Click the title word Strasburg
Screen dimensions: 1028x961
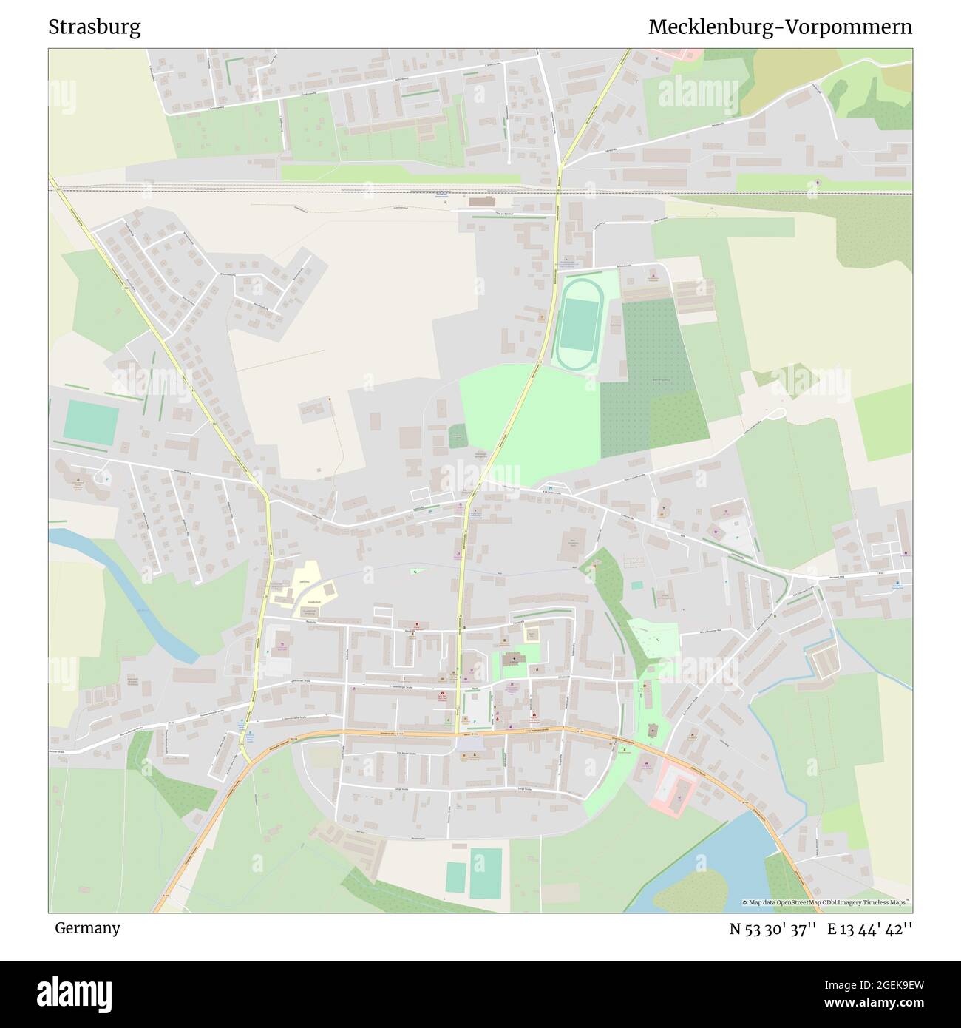[x=95, y=27]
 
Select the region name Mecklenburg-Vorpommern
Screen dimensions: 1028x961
[x=780, y=27]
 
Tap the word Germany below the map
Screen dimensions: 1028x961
[x=87, y=927]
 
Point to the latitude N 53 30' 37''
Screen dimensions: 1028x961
[x=772, y=929]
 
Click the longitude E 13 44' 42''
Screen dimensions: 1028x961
[x=870, y=929]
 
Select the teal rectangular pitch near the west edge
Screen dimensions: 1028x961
[x=90, y=422]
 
